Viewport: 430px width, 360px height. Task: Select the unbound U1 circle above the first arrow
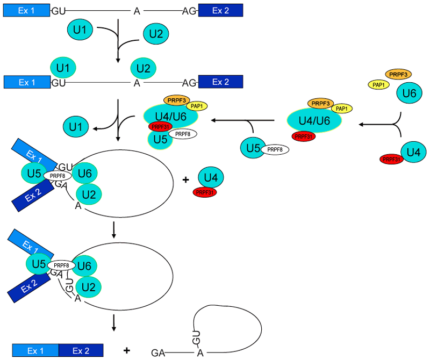click(x=80, y=30)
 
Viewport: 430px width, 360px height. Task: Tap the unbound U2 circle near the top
click(x=155, y=34)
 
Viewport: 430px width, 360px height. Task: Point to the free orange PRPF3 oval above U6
click(x=398, y=73)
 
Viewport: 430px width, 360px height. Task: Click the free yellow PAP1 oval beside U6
click(x=379, y=84)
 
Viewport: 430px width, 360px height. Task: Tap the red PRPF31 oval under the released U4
click(x=205, y=192)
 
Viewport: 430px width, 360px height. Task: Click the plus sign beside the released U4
click(x=186, y=179)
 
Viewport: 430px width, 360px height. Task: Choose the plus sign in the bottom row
click(x=127, y=350)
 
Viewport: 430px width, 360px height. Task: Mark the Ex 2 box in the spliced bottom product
click(x=80, y=350)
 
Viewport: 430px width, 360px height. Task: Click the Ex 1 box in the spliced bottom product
click(x=34, y=350)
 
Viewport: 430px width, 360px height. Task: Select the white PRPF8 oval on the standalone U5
click(x=275, y=150)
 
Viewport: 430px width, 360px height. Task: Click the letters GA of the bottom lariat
click(x=158, y=352)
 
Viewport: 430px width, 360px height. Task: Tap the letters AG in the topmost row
click(x=190, y=10)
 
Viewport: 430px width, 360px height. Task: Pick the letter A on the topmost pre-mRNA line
click(x=136, y=10)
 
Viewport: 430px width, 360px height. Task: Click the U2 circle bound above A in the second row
click(x=144, y=68)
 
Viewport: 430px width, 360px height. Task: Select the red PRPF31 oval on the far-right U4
click(x=392, y=159)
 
